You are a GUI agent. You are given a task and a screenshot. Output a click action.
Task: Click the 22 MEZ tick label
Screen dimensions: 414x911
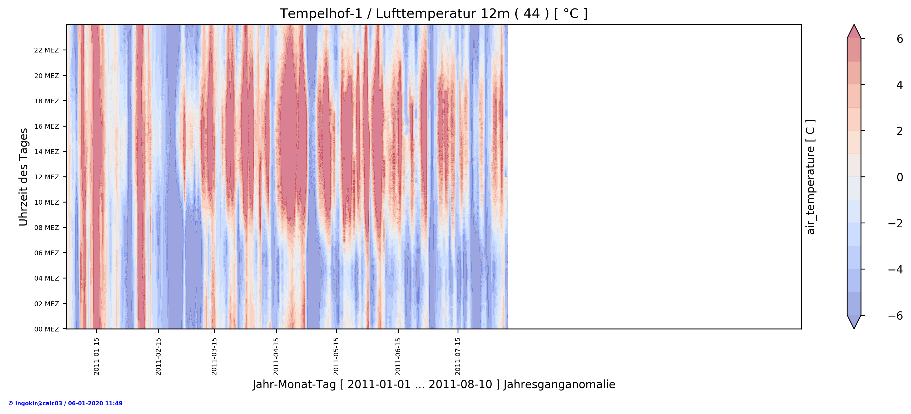click(x=46, y=50)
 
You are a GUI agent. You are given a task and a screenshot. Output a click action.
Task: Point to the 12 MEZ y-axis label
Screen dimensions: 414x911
click(x=46, y=177)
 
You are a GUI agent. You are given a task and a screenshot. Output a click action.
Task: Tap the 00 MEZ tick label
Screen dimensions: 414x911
click(x=46, y=329)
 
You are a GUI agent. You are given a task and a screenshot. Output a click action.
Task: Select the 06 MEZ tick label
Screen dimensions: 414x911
click(x=46, y=253)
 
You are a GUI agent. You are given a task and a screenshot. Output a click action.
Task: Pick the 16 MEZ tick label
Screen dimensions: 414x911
click(x=46, y=126)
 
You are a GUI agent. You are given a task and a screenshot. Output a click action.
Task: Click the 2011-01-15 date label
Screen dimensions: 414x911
click(x=97, y=356)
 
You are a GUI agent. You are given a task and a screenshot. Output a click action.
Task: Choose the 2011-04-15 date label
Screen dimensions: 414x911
click(x=276, y=356)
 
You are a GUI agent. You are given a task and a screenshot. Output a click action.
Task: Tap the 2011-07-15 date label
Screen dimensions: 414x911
click(x=458, y=356)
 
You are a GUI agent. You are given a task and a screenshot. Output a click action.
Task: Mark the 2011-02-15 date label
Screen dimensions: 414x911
click(x=159, y=356)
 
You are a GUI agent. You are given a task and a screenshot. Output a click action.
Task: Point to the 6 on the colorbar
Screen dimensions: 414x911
click(x=899, y=39)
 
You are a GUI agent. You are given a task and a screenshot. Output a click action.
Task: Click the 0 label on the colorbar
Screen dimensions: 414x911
click(x=899, y=177)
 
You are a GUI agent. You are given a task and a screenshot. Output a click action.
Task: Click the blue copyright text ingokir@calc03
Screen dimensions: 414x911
click(x=65, y=403)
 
